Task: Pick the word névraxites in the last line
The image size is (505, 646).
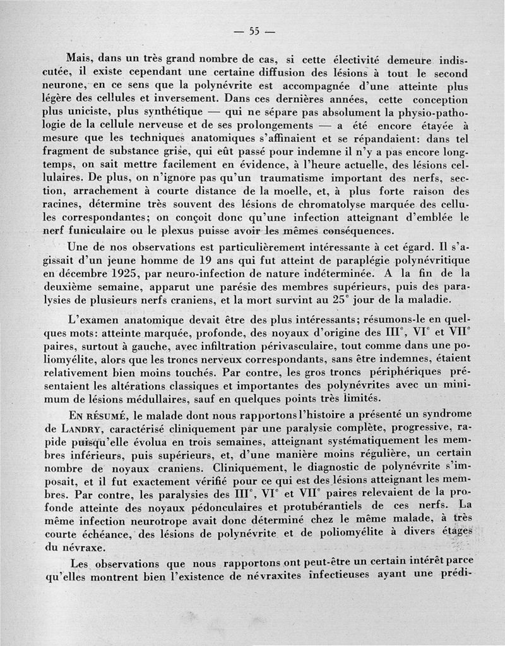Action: (x=272, y=575)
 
